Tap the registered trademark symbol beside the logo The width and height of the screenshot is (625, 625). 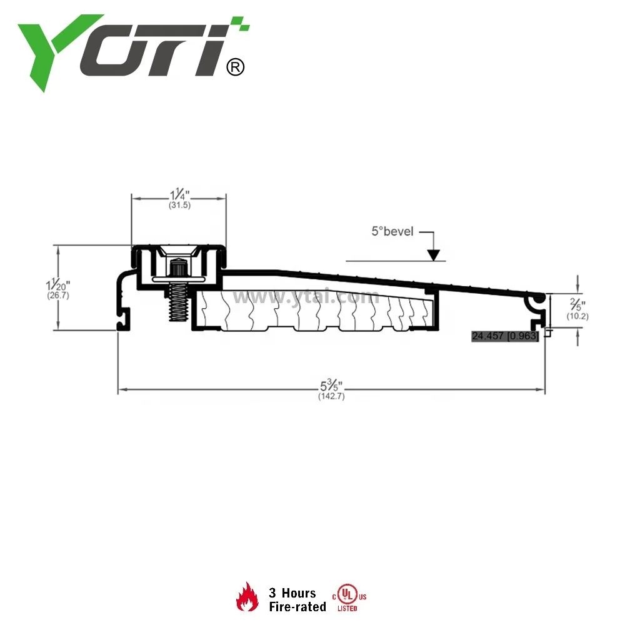tap(234, 66)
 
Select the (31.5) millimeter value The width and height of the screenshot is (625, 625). tap(179, 204)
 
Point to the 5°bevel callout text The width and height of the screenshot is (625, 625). tap(392, 231)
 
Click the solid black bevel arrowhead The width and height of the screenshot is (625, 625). tap(432, 254)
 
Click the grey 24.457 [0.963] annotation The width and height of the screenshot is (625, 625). tap(505, 336)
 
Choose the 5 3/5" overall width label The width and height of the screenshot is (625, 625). tap(331, 385)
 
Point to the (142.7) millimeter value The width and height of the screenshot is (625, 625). tap(331, 396)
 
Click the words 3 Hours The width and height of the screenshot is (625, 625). tap(292, 592)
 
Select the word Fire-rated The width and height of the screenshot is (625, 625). tap(297, 606)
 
